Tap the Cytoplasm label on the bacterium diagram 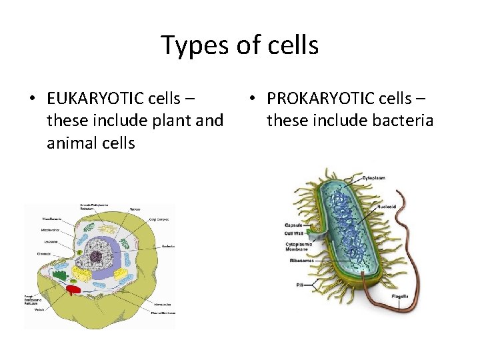[375, 178]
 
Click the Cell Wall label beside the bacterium [293, 233]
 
